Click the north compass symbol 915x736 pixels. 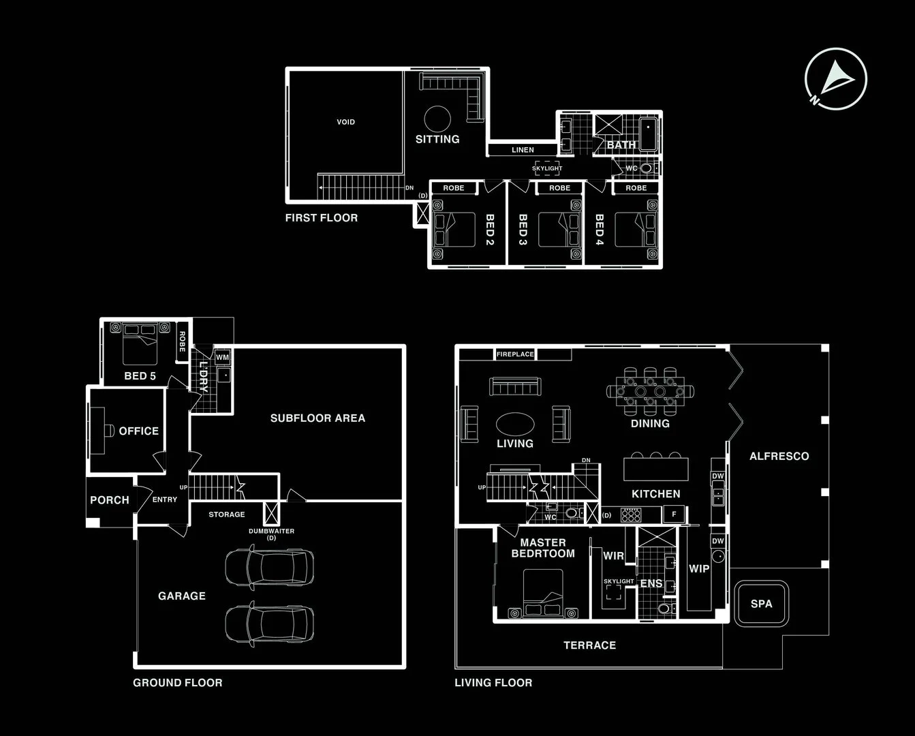(835, 78)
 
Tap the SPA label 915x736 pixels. (761, 604)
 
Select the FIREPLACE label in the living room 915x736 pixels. (515, 354)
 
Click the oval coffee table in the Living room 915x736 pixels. (515, 424)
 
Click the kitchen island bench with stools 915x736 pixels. (655, 469)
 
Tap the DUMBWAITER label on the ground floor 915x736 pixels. (271, 531)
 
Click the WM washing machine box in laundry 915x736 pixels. (222, 357)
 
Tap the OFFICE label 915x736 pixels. (138, 431)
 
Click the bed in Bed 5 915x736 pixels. (140, 344)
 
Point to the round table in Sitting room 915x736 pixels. (437, 119)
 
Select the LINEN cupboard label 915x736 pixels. (523, 150)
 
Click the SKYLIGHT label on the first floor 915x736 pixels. (547, 168)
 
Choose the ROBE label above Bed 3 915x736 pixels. (559, 188)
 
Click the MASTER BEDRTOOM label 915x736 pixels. (543, 548)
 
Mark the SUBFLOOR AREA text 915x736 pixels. (317, 418)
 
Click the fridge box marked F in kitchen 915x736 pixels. (674, 514)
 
